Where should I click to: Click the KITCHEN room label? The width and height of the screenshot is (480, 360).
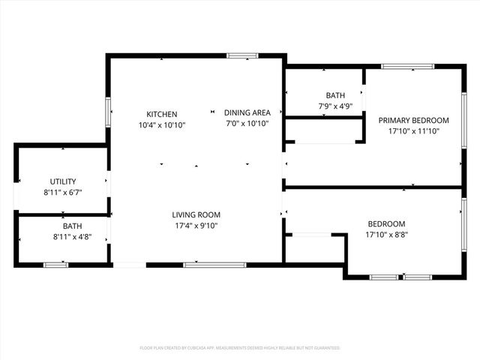(162, 114)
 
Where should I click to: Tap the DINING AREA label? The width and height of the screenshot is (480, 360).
(247, 113)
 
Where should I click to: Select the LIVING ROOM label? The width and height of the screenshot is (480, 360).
(196, 214)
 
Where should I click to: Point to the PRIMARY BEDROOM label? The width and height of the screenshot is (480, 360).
(413, 121)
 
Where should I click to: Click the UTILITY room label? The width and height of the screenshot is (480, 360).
(63, 181)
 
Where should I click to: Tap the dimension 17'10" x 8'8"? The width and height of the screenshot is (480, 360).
(386, 234)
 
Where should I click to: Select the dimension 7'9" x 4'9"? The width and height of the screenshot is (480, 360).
(335, 106)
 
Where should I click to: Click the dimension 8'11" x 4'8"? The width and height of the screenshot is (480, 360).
(72, 236)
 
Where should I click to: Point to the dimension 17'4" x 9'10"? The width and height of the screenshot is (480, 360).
(196, 225)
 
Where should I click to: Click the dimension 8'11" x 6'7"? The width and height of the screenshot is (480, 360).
(63, 192)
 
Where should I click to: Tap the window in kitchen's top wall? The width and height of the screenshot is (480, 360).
(242, 55)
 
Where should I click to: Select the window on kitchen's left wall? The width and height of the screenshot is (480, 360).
(109, 112)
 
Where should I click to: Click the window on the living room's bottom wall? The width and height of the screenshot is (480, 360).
(214, 264)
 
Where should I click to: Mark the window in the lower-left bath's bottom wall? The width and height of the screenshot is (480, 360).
(55, 264)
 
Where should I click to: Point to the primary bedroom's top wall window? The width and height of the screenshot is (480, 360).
(407, 67)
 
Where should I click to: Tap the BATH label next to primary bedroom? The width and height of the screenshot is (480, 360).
(335, 95)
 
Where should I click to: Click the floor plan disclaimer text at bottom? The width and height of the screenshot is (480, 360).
(240, 348)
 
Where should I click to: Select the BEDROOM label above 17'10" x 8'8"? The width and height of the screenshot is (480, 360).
(386, 223)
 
